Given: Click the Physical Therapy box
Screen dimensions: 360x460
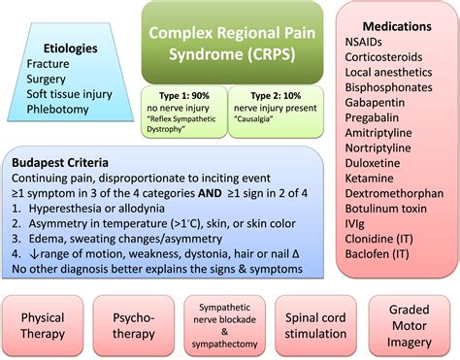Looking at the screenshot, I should click(43, 324).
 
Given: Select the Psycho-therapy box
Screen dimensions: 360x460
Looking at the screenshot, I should click(132, 324).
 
